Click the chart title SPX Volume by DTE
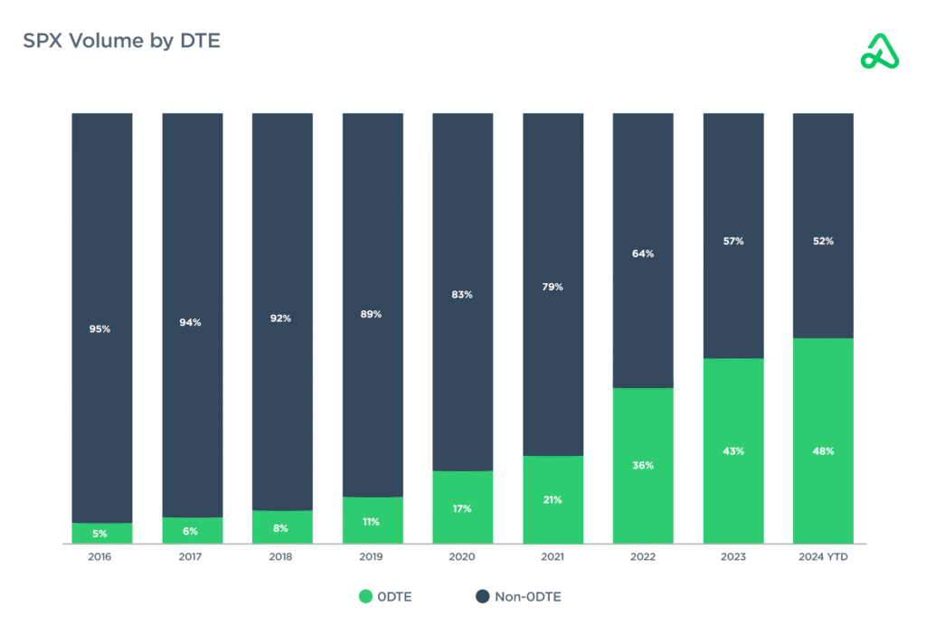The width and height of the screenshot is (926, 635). click(121, 41)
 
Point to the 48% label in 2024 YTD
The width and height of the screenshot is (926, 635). click(823, 450)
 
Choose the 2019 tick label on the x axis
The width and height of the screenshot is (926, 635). click(372, 557)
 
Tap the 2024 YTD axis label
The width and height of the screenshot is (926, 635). click(823, 557)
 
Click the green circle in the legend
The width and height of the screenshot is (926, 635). click(365, 596)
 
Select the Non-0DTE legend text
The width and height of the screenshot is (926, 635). click(527, 596)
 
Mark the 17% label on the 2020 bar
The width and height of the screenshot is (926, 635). click(462, 508)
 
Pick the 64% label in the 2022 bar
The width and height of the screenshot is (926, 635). click(643, 254)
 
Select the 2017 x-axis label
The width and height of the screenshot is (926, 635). click(191, 557)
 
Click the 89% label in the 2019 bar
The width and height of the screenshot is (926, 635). click(372, 314)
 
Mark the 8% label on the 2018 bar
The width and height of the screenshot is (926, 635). click(281, 527)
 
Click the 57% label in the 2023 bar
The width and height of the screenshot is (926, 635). click(733, 242)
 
